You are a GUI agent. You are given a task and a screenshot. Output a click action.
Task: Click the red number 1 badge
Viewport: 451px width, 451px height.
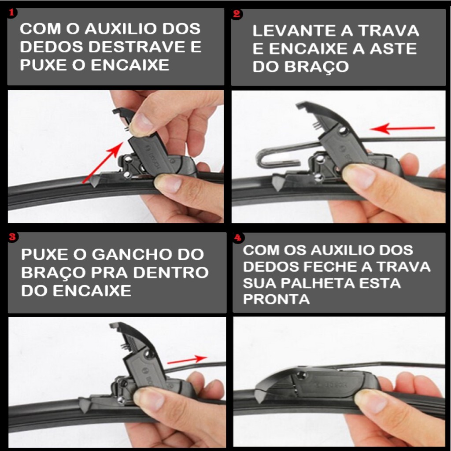pos(12,13)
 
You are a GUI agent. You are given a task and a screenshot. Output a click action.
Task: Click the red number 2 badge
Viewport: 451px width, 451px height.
pos(237,14)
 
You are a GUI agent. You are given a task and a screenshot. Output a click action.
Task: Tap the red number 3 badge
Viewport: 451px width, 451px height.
pos(12,237)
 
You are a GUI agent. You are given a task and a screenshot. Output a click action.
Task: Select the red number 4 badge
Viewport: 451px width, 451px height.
pos(238,238)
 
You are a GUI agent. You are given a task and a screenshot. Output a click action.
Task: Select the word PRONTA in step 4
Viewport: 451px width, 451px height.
pos(277,299)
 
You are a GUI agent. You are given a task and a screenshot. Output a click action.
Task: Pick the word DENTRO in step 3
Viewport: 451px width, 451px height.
pos(171,273)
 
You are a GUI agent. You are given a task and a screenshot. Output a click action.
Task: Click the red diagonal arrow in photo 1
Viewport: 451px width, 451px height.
pos(103,163)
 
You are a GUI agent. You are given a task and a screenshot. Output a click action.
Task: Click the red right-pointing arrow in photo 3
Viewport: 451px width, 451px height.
pos(187,359)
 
